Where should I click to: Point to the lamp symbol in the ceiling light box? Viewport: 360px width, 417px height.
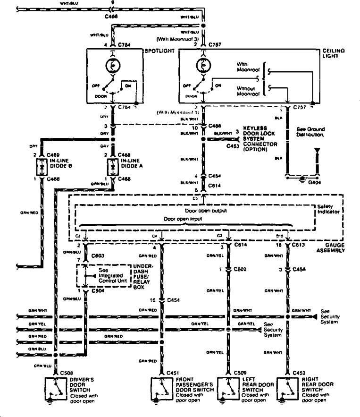pos(203,64)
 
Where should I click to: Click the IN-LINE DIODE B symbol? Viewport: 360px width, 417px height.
pos(41,167)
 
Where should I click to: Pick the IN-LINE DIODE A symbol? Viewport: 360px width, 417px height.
pos(112,167)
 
